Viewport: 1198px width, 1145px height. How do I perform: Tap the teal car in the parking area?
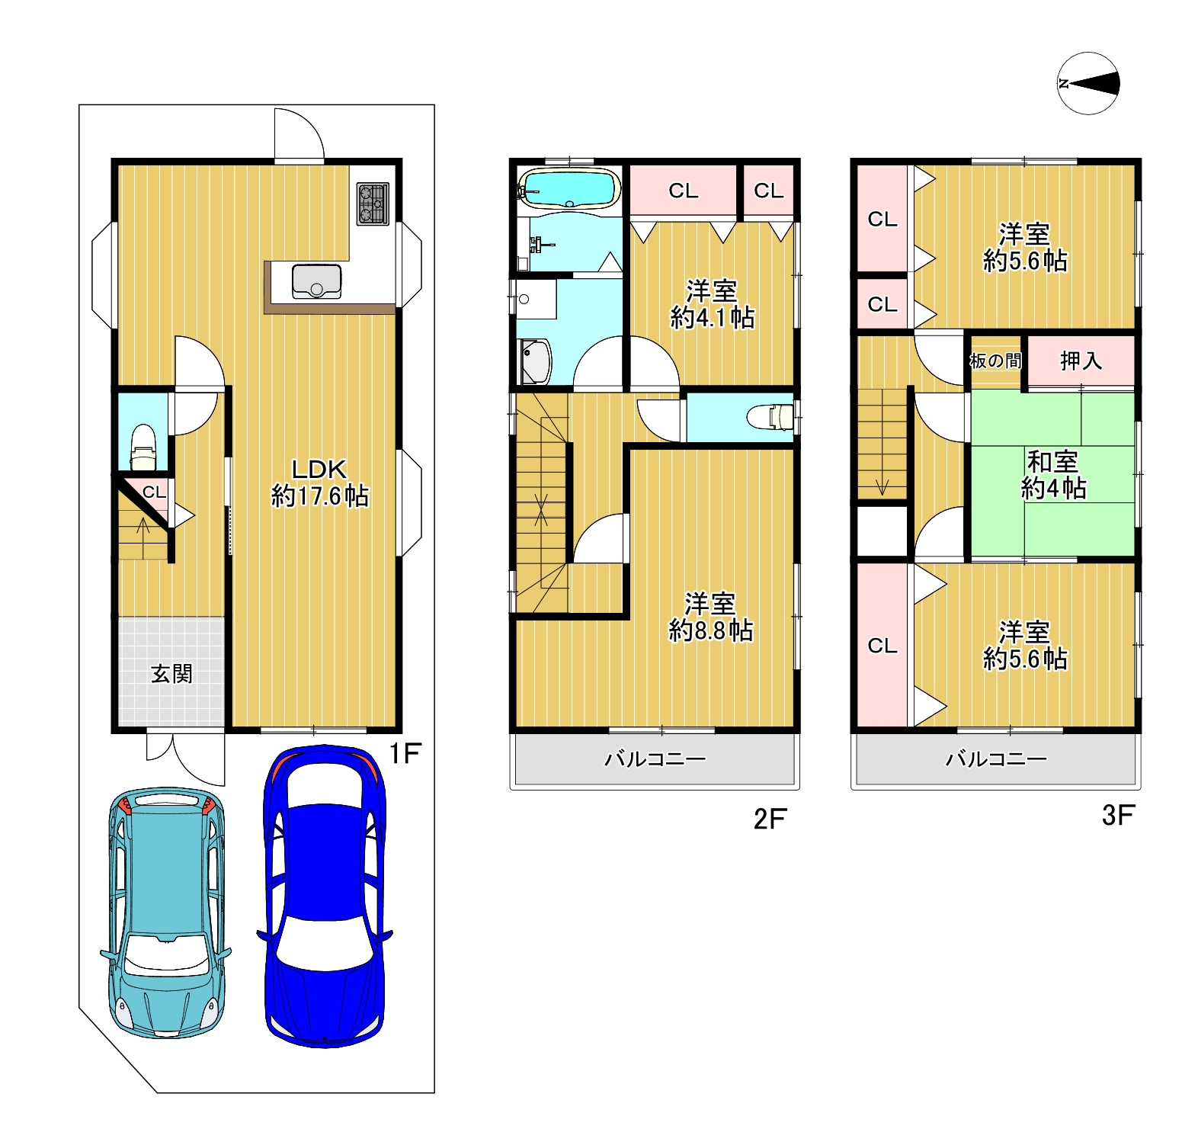pyautogui.click(x=165, y=913)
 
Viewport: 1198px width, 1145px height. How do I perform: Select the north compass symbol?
pyautogui.click(x=1089, y=84)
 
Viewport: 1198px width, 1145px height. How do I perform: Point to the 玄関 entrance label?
pyautogui.click(x=171, y=674)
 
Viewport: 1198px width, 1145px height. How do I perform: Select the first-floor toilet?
pyautogui.click(x=143, y=448)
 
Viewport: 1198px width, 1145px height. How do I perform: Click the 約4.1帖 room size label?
pyautogui.click(x=713, y=318)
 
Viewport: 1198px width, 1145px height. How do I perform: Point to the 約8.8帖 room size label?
pyautogui.click(x=711, y=630)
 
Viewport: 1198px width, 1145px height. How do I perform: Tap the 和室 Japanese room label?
pyautogui.click(x=1052, y=461)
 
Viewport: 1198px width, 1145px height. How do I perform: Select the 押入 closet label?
pyautogui.click(x=1081, y=361)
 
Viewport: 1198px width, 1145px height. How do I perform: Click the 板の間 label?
pyautogui.click(x=995, y=361)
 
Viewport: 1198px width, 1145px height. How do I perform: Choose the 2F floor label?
pyautogui.click(x=770, y=819)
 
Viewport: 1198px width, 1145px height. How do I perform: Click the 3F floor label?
pyautogui.click(x=1118, y=816)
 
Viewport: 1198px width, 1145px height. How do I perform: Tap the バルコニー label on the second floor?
pyautogui.click(x=655, y=759)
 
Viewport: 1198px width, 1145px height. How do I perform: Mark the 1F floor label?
pyautogui.click(x=405, y=754)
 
